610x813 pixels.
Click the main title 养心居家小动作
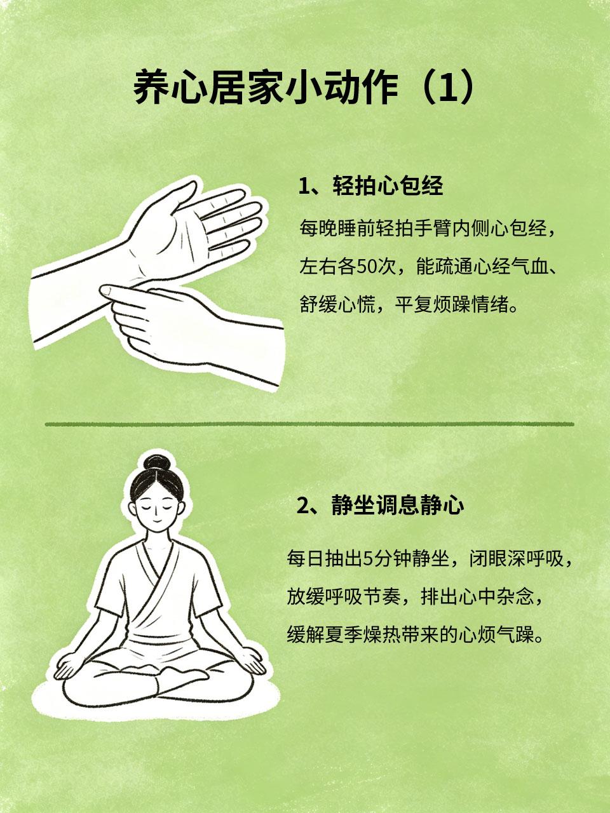[265, 90]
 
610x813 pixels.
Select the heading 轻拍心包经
[388, 185]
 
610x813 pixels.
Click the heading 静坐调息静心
[396, 505]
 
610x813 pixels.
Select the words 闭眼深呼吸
[517, 558]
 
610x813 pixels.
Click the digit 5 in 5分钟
[367, 559]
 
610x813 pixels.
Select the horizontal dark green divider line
[309, 424]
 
